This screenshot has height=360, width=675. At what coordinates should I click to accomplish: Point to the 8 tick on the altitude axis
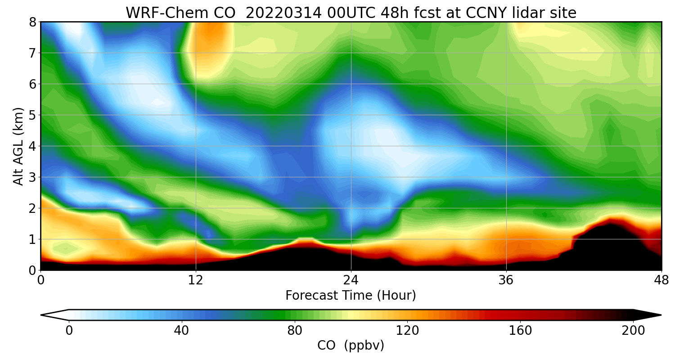pos(33,22)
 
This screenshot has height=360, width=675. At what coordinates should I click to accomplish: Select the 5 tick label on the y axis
pos(33,115)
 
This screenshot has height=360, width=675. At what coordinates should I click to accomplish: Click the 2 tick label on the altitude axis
pos(33,208)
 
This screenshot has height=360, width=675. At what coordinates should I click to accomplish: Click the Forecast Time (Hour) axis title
pos(351,296)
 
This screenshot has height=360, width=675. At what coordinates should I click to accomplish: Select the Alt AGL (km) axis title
pos(18,146)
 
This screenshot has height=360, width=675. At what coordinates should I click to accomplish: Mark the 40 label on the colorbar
pos(181,331)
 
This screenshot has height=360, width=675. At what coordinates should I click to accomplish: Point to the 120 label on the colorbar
pos(407,331)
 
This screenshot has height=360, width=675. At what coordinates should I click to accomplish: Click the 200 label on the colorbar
pos(633,331)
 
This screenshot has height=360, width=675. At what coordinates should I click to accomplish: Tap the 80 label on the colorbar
pos(295,331)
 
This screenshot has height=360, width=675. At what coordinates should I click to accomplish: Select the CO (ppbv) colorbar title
pos(351,346)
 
